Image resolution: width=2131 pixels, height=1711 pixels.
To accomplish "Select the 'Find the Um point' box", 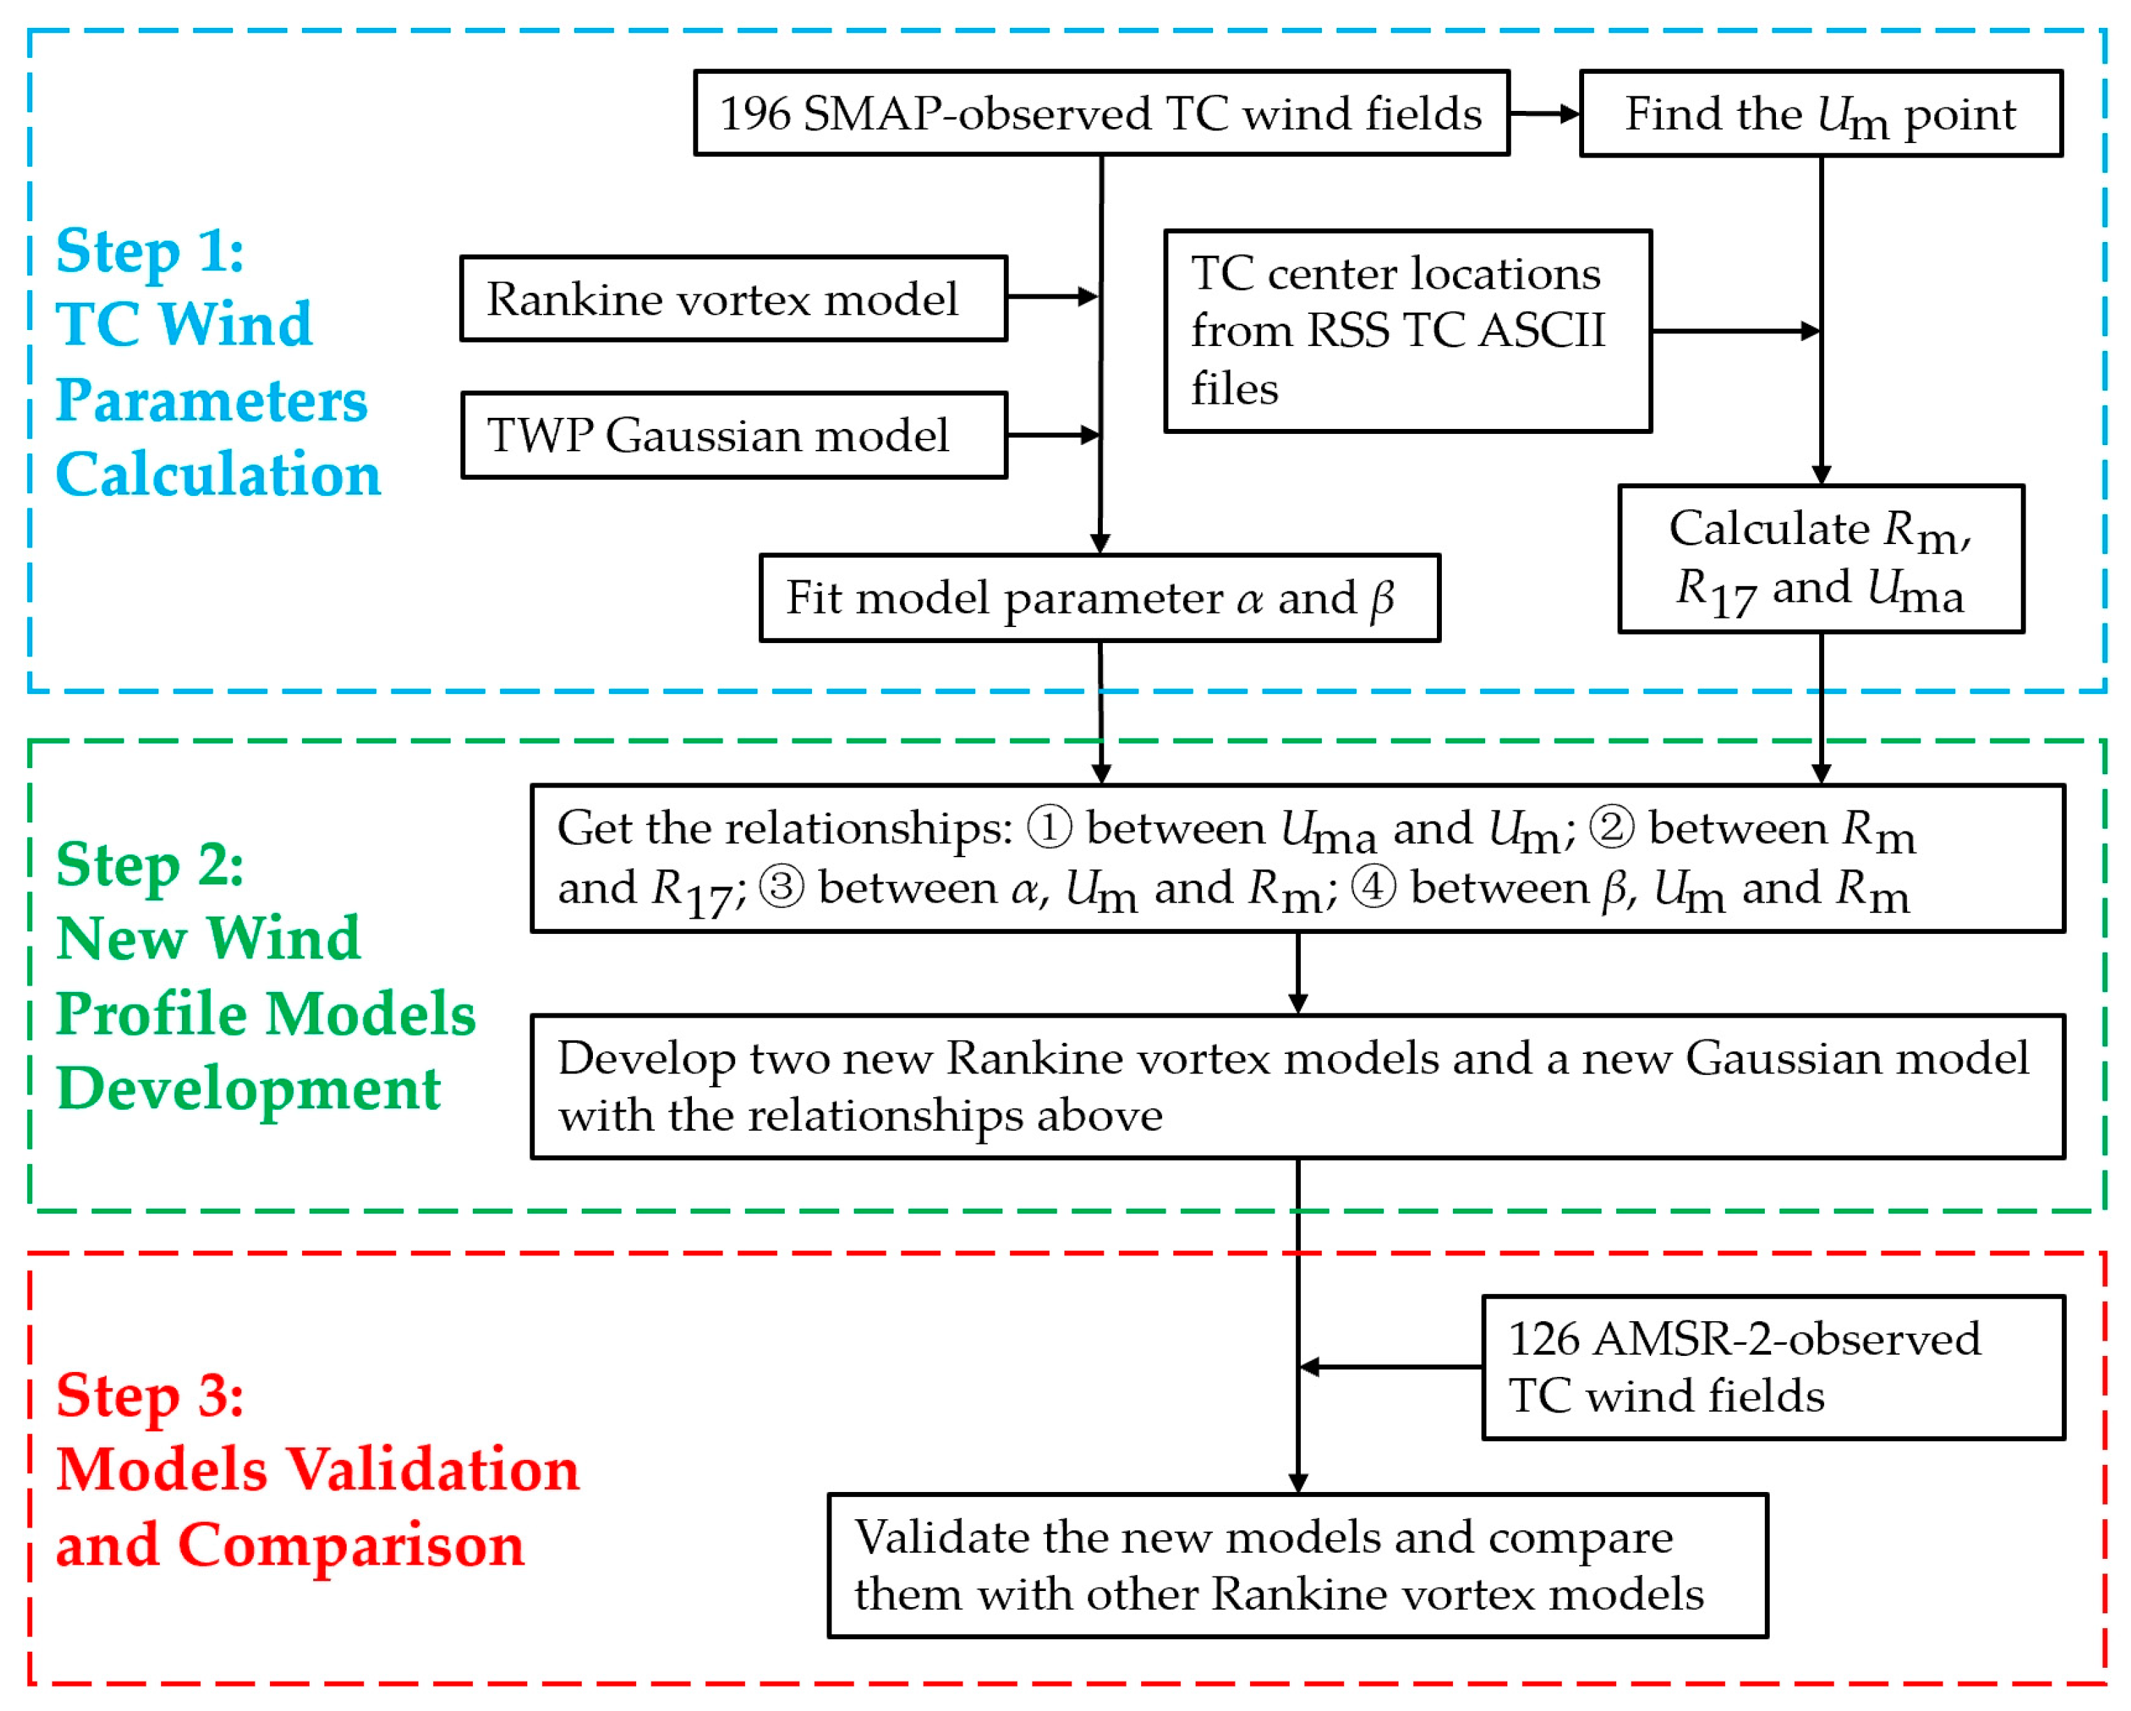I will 1820,113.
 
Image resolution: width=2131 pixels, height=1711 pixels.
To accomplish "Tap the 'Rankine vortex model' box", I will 733,299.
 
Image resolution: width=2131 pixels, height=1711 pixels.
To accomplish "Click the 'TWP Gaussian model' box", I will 733,435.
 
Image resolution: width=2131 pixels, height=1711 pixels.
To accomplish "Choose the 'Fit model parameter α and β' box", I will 1099,598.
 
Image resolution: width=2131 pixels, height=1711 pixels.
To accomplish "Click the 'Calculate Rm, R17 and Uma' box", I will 1820,559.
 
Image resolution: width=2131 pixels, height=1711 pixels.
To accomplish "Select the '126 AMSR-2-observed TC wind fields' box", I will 1772,1368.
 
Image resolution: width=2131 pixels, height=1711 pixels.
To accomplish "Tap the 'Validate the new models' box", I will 1297,1566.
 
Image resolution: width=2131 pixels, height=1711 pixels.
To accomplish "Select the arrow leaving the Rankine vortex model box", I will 1052,296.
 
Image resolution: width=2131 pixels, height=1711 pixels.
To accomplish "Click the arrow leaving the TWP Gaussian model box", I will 1052,435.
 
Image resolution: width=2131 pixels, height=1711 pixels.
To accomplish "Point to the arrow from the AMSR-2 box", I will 1390,1367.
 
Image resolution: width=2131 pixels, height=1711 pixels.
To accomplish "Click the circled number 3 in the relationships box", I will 781,887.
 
